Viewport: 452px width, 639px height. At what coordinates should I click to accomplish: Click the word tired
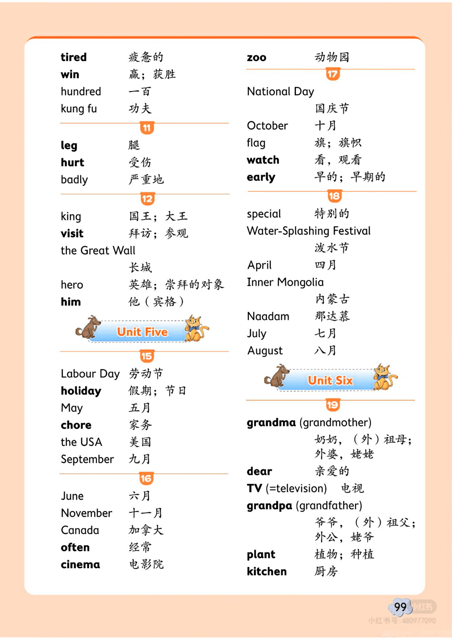[74, 57]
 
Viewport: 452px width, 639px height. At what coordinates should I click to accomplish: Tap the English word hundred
[81, 92]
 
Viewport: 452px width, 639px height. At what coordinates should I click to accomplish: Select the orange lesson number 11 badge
[147, 128]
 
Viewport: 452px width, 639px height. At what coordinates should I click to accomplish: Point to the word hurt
[72, 163]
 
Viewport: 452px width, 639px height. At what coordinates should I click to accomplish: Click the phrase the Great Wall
[98, 251]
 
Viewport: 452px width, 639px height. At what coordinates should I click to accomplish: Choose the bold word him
[71, 302]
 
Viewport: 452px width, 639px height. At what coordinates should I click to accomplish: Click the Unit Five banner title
[142, 332]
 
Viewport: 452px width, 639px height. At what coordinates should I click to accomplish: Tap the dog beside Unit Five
[88, 327]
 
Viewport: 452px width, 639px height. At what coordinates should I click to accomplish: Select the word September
[87, 459]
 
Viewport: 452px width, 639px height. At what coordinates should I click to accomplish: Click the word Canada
[80, 530]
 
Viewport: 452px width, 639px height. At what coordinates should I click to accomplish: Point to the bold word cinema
[80, 565]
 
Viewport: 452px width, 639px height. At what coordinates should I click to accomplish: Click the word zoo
[256, 58]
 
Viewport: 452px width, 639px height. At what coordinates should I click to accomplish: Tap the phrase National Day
[280, 92]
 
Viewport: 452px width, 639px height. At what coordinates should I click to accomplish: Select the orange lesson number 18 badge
[334, 196]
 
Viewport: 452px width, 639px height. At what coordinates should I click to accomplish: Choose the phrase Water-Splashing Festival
[308, 231]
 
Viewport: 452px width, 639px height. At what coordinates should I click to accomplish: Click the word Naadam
[268, 316]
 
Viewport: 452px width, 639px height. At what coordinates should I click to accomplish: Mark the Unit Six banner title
[330, 380]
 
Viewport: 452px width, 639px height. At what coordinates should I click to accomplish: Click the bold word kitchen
[267, 572]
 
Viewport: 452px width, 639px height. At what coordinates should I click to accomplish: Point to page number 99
[400, 607]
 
